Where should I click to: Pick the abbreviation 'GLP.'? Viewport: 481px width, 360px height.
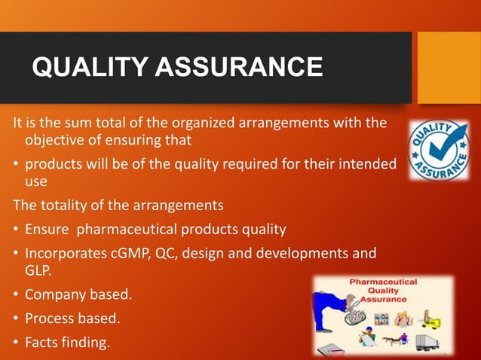[39, 271]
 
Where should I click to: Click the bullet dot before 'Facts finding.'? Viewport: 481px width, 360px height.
[15, 343]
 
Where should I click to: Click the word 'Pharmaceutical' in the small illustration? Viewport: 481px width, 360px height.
[382, 282]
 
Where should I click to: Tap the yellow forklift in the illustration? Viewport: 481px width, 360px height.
[437, 319]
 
